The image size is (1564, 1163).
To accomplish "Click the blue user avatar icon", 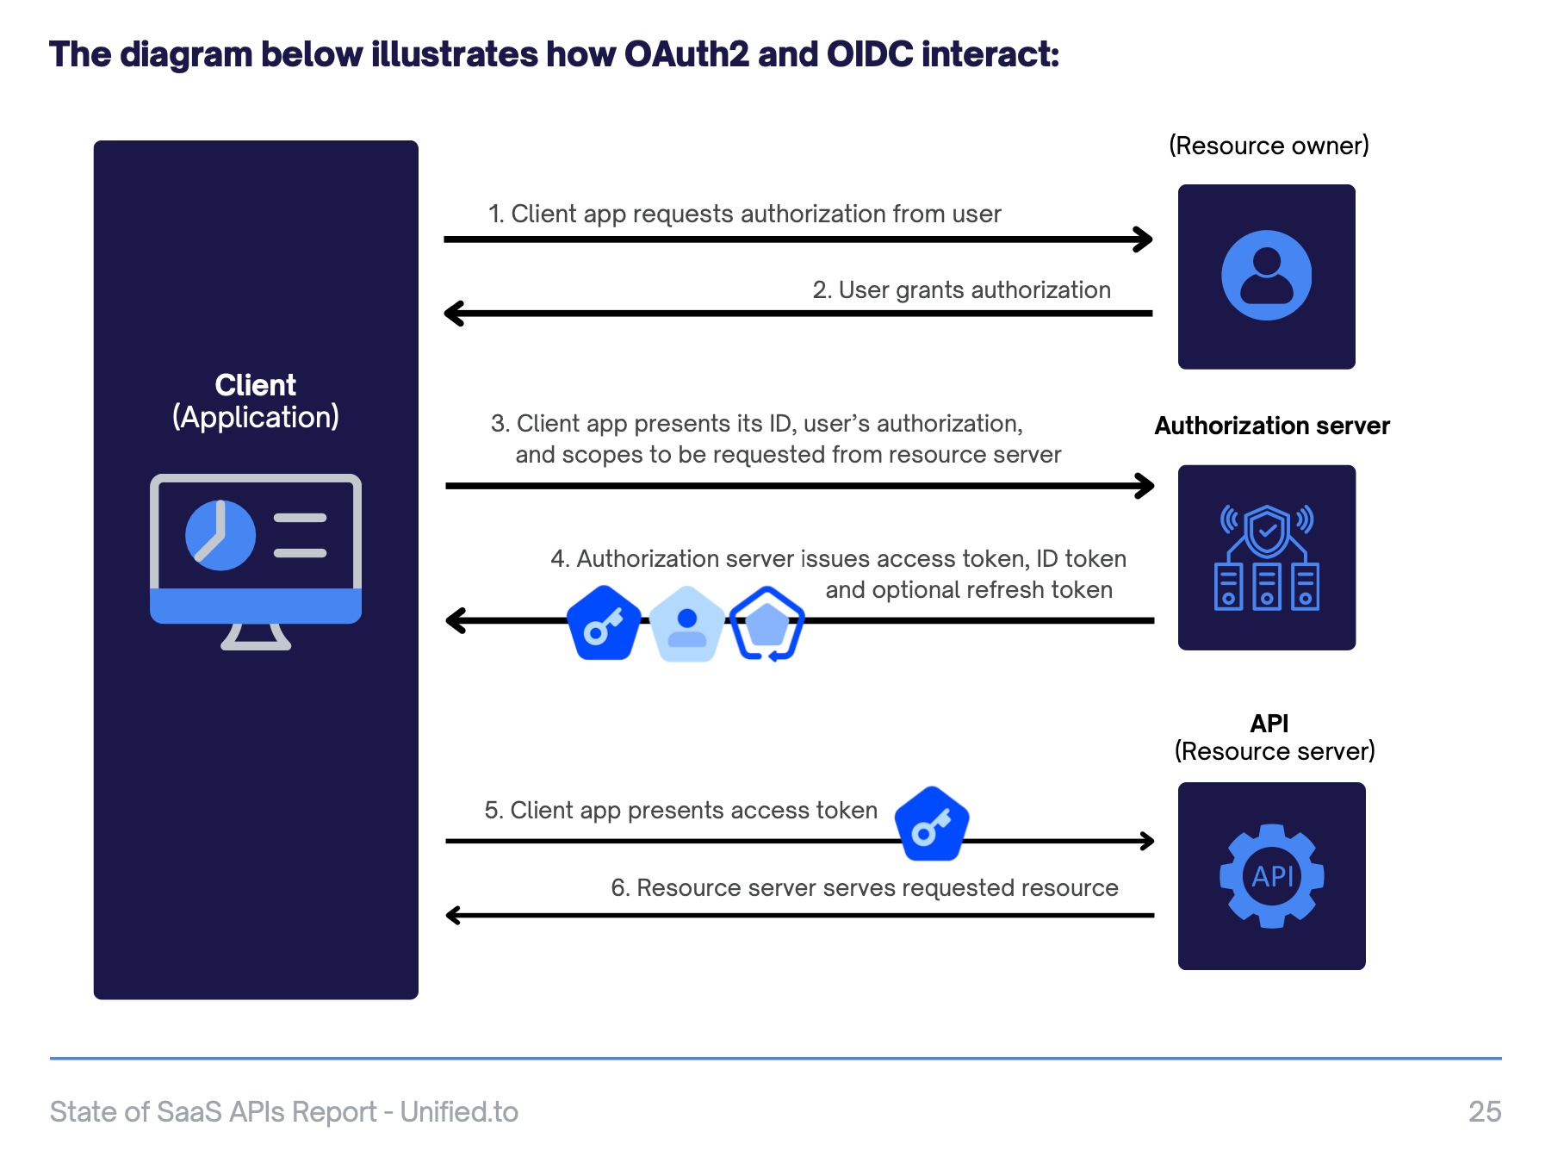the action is tap(1266, 276).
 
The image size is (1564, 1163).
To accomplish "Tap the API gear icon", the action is tap(1272, 876).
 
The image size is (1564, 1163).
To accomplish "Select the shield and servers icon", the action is tap(1267, 557).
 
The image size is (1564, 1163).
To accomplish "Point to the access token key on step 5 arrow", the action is tap(932, 824).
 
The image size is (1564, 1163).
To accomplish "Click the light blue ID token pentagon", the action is tap(686, 624).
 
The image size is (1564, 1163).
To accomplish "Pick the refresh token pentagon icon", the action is tap(766, 624).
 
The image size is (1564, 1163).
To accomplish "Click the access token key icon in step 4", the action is tap(605, 623).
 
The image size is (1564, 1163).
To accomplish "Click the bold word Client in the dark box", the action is tap(255, 384).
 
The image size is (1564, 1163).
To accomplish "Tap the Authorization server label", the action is tap(1272, 426).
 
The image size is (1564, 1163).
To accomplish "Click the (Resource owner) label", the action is tap(1269, 146).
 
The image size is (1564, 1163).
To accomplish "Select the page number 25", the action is tap(1485, 1111).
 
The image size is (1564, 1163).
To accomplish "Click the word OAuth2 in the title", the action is tap(686, 54).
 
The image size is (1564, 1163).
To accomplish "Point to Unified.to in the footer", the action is tap(459, 1111).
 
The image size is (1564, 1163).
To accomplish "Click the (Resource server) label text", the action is tap(1275, 751).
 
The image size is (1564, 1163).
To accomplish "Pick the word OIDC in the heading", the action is tap(869, 54).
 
